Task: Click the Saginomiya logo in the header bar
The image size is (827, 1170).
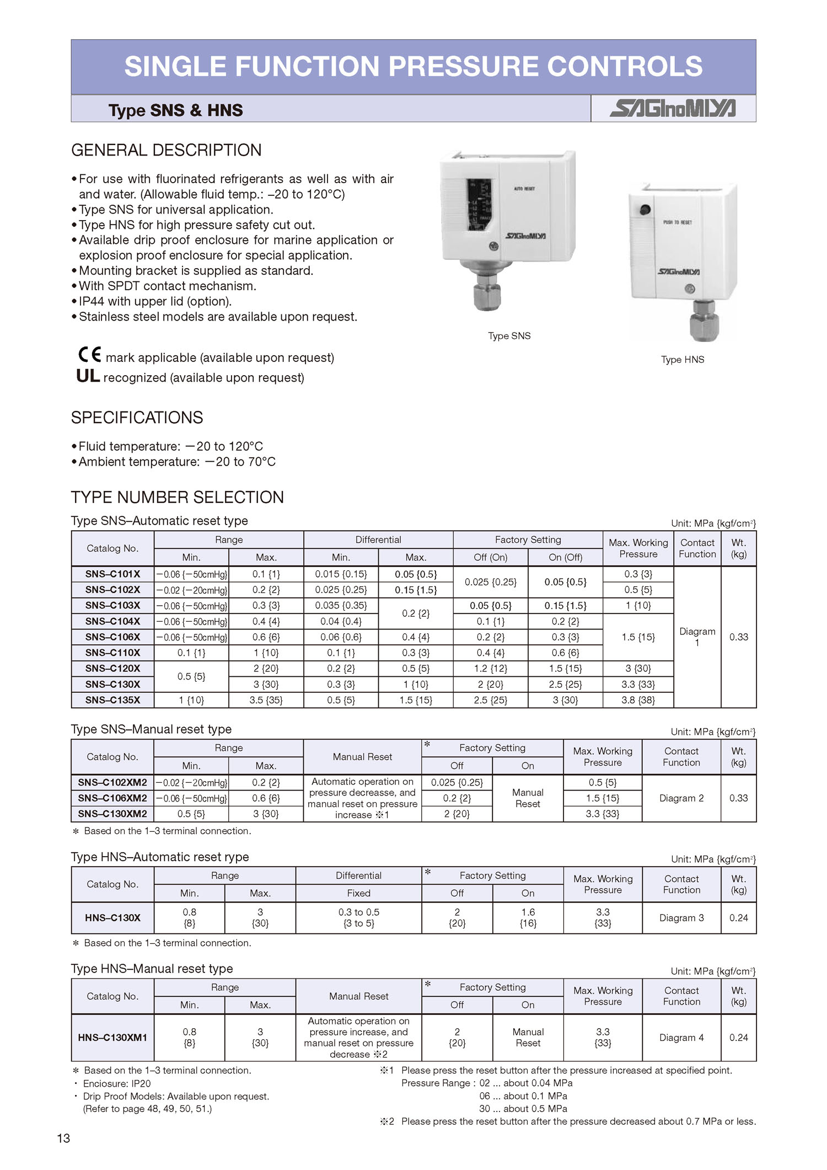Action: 672,108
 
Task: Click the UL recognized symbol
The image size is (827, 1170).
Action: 88,376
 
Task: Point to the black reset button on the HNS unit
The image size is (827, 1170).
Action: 645,210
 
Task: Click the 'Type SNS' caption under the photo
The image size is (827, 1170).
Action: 509,336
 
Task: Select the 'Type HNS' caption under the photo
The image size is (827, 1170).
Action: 683,360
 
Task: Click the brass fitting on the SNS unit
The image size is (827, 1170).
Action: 486,296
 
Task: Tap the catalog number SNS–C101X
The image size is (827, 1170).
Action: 112,574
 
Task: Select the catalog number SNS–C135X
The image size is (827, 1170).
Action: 112,700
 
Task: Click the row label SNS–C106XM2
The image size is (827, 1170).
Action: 112,798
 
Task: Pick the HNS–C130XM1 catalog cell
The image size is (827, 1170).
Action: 112,1038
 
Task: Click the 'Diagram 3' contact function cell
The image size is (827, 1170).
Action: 681,918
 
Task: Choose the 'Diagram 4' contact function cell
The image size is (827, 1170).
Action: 681,1038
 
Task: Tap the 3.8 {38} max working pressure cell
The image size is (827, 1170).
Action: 638,700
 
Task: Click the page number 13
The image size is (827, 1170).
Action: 63,1138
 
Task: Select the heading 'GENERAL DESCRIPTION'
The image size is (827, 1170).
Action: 167,150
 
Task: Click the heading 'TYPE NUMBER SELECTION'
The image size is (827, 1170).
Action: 177,497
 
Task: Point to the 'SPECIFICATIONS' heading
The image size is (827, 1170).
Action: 137,418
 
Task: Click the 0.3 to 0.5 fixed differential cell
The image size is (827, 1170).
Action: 358,918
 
